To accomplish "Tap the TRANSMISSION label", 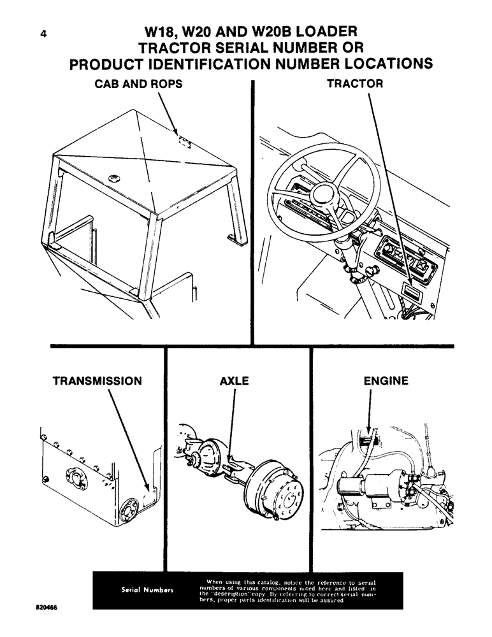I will (x=97, y=382).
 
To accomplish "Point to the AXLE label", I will (x=234, y=382).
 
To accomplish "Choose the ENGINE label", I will (x=386, y=382).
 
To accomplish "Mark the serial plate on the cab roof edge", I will (x=184, y=144).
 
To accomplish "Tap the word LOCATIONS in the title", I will (x=380, y=64).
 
